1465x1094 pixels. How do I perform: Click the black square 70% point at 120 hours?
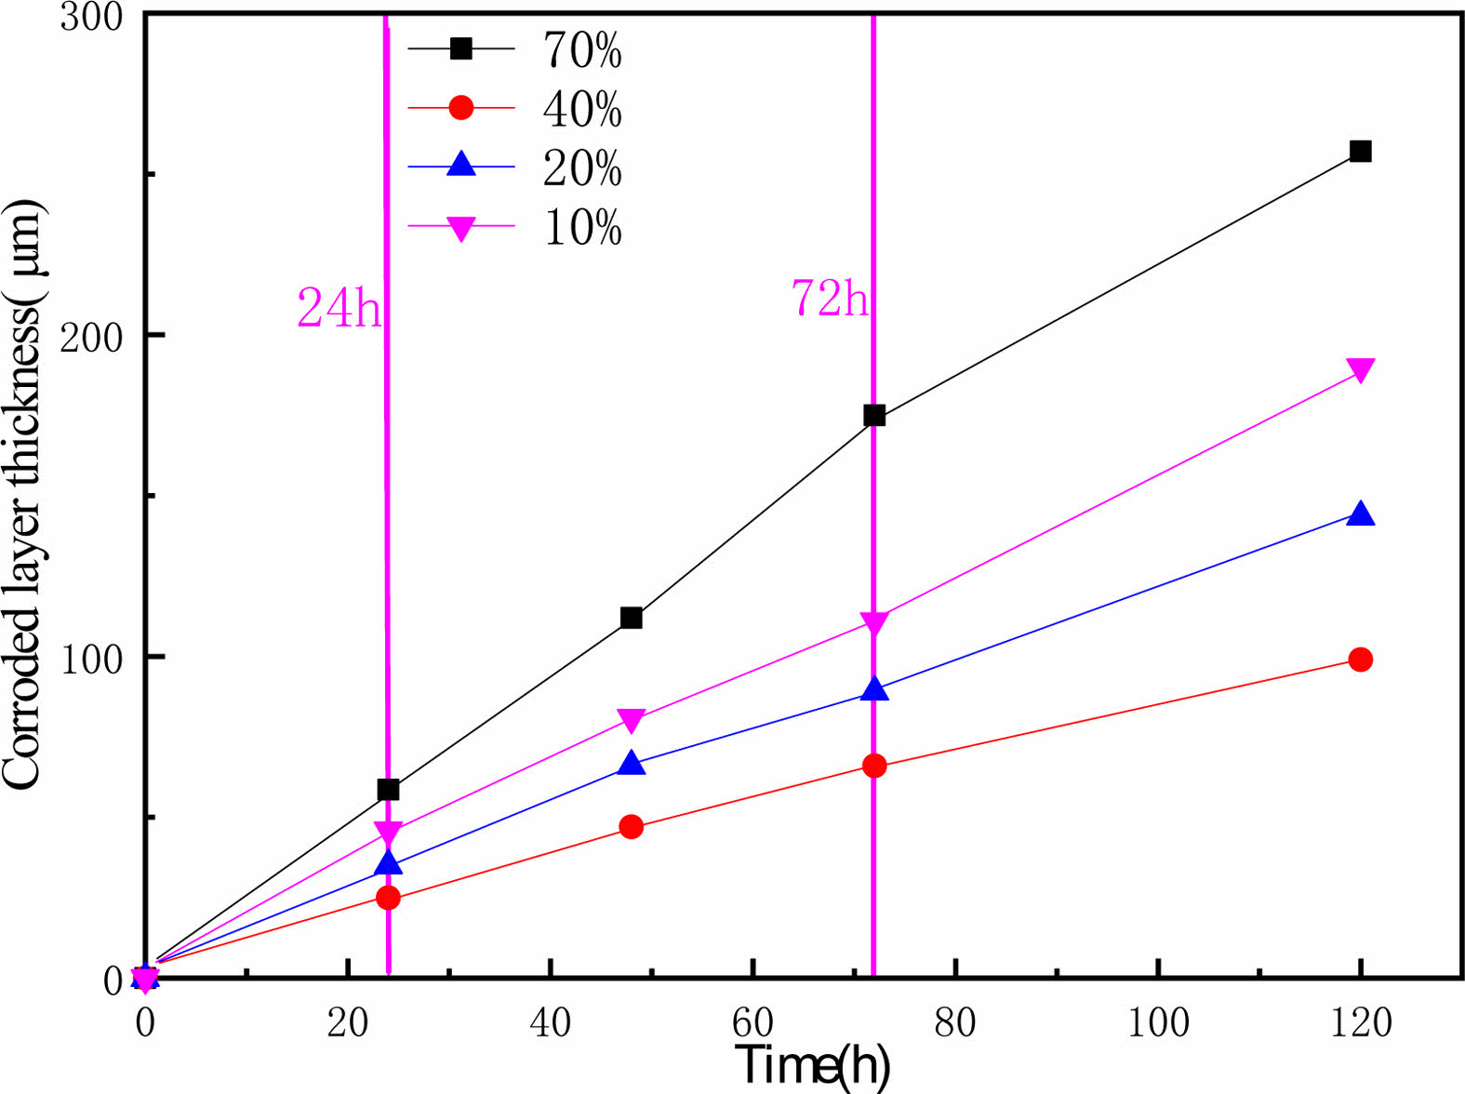pyautogui.click(x=1360, y=152)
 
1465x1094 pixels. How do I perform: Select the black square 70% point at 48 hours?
pyautogui.click(x=631, y=618)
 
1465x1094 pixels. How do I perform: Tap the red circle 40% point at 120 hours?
pyautogui.click(x=1360, y=660)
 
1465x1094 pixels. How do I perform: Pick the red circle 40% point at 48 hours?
pyautogui.click(x=631, y=826)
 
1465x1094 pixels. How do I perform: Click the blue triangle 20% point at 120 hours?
pyautogui.click(x=1360, y=514)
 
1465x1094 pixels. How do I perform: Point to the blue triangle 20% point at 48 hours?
pyautogui.click(x=631, y=764)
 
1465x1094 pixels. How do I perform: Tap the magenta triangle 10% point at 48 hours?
pyautogui.click(x=631, y=720)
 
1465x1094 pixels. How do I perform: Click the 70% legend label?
pyautogui.click(x=582, y=49)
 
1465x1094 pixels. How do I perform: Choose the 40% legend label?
pyautogui.click(x=582, y=109)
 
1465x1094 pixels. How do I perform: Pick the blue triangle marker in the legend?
pyautogui.click(x=461, y=166)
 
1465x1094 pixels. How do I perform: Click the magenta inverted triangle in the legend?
pyautogui.click(x=461, y=228)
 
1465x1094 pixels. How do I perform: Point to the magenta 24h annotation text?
pyautogui.click(x=339, y=308)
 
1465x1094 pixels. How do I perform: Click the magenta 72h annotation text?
pyautogui.click(x=830, y=299)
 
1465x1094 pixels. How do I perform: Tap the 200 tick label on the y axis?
pyautogui.click(x=91, y=337)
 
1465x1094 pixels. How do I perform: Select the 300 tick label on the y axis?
pyautogui.click(x=91, y=16)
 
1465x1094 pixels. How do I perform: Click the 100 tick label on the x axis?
pyautogui.click(x=1158, y=1023)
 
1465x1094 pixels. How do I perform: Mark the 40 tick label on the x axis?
pyautogui.click(x=550, y=1023)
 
